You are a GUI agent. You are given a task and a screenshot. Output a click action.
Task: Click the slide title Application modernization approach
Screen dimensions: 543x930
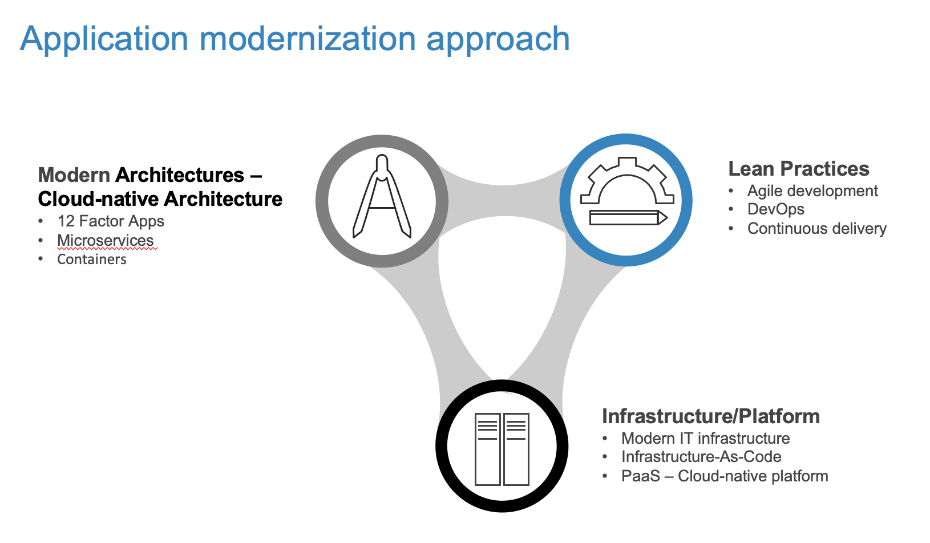pyautogui.click(x=294, y=39)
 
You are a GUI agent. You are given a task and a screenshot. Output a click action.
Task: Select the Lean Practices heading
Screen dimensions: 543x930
pyautogui.click(x=798, y=169)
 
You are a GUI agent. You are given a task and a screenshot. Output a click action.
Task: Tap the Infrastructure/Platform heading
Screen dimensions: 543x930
pyautogui.click(x=710, y=416)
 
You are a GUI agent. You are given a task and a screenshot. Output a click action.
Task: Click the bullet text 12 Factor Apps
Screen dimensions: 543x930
pyautogui.click(x=111, y=221)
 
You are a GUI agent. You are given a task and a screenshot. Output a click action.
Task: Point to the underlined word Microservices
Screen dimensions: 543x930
pyautogui.click(x=106, y=241)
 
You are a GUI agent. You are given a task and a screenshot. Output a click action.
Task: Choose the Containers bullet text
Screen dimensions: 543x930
pyautogui.click(x=92, y=260)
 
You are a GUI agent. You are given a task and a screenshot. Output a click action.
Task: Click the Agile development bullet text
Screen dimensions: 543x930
pyautogui.click(x=812, y=191)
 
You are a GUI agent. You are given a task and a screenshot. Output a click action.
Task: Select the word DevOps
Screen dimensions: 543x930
pyautogui.click(x=776, y=209)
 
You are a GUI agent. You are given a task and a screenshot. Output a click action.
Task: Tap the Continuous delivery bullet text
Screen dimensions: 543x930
pyautogui.click(x=817, y=229)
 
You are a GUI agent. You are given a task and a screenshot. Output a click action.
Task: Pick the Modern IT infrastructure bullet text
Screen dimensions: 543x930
pyautogui.click(x=705, y=439)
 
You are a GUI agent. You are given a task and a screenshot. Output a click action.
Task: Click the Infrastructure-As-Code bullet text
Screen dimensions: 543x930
pyautogui.click(x=701, y=457)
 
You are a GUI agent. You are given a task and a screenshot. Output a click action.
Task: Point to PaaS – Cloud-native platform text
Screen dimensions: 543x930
pyautogui.click(x=725, y=476)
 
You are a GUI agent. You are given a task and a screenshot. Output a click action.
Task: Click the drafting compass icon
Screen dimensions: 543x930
pyautogui.click(x=382, y=197)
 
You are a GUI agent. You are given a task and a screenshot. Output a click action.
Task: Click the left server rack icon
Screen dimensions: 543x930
pyautogui.click(x=488, y=449)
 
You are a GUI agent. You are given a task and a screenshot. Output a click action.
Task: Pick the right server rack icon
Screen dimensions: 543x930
pyautogui.click(x=516, y=449)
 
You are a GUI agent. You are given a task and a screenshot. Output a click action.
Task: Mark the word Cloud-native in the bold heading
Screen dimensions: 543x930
pyautogui.click(x=98, y=199)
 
